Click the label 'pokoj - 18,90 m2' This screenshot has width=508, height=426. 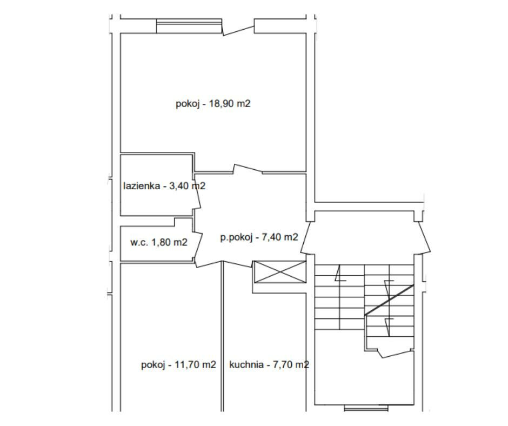[x=213, y=104]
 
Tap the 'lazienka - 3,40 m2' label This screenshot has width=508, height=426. [x=164, y=186]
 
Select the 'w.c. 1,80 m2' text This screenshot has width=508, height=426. [x=159, y=242]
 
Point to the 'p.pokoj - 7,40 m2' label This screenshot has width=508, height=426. [x=259, y=237]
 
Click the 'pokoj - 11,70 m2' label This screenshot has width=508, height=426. [x=178, y=365]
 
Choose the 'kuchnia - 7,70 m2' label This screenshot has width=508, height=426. [x=269, y=365]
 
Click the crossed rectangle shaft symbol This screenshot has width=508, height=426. [x=280, y=272]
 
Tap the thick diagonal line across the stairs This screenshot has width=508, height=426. [x=390, y=300]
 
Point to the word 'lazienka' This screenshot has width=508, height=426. [x=142, y=186]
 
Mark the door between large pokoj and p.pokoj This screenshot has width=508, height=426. [x=248, y=169]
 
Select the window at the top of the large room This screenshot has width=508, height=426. [x=189, y=26]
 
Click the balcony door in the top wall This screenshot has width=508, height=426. [x=238, y=30]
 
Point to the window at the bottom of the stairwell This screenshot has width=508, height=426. [x=366, y=408]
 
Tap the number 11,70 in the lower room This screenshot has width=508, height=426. [x=188, y=365]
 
